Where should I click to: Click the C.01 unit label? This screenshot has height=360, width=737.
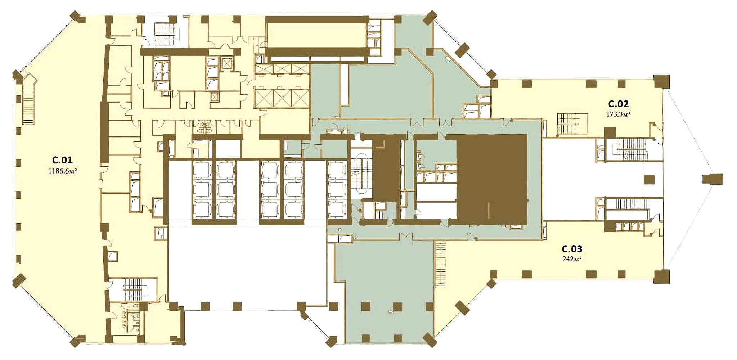tap(63, 160)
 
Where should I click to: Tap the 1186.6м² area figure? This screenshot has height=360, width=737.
tap(63, 171)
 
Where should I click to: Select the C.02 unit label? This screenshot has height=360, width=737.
tap(619, 104)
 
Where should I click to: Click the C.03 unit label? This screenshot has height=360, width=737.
tap(572, 249)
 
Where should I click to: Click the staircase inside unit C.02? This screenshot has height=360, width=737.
tap(572, 123)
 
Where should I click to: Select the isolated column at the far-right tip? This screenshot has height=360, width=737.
tap(713, 179)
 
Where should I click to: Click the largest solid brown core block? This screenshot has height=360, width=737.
tap(492, 177)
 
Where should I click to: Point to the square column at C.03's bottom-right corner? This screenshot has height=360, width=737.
tap(661, 276)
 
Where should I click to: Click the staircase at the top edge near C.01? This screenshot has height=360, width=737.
tap(166, 34)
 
